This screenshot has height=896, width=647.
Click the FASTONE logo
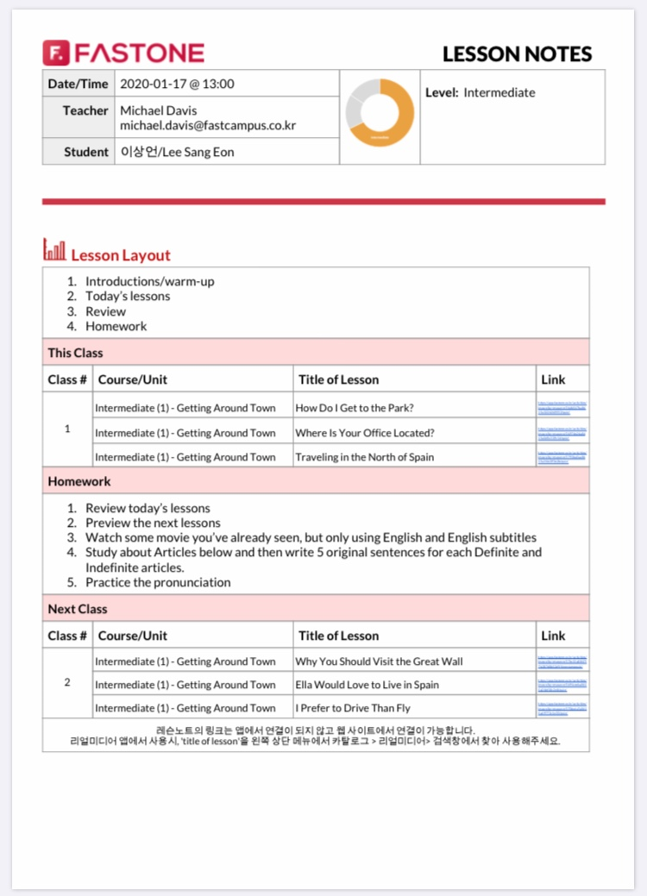(x=123, y=53)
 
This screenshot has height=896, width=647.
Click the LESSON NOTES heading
(x=517, y=54)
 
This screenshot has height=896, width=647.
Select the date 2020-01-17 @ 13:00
(x=177, y=84)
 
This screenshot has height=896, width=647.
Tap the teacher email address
(x=208, y=126)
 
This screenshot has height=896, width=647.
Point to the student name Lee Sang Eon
(x=177, y=152)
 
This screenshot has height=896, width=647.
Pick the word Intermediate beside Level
(x=499, y=92)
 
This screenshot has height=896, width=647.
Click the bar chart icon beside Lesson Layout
(x=54, y=251)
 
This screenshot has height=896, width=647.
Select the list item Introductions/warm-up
(x=149, y=281)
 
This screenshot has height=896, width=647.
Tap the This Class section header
(x=75, y=353)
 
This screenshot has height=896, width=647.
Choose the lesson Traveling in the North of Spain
(x=364, y=457)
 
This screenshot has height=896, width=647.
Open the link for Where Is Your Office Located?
(x=562, y=432)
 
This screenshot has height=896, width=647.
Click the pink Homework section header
(x=79, y=481)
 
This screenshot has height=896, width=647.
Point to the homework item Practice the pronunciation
(x=158, y=582)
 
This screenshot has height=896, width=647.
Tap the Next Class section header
(x=78, y=609)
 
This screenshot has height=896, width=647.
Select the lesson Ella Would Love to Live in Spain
(x=367, y=685)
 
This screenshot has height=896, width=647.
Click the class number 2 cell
(x=67, y=683)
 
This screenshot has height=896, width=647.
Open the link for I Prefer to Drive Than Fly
(x=562, y=708)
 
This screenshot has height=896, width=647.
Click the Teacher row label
(x=85, y=110)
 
